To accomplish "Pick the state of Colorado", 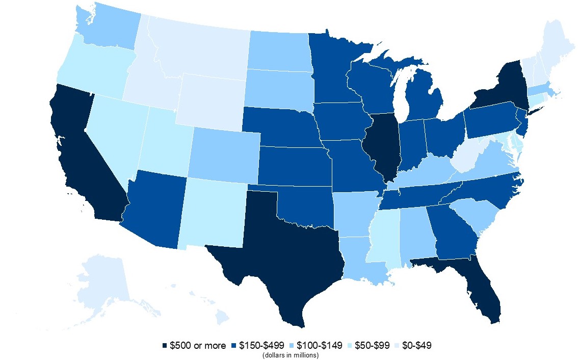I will pyautogui.click(x=224, y=153).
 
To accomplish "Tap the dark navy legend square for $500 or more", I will pyautogui.click(x=165, y=346).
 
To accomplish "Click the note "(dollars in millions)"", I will pyautogui.click(x=291, y=355).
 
